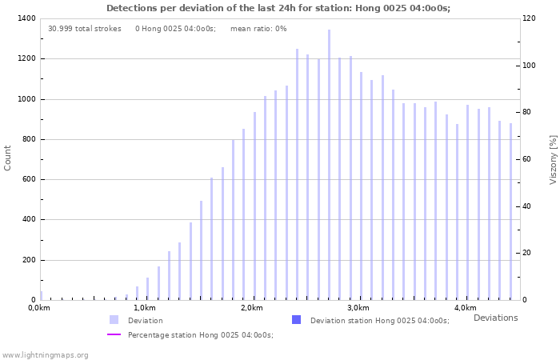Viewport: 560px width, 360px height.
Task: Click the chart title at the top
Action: point(278,8)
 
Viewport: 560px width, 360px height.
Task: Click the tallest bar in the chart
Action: point(329,164)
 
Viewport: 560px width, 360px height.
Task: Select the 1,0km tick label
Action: point(144,308)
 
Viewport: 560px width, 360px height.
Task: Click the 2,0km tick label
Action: point(251,308)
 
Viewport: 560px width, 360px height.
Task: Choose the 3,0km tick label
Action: point(358,308)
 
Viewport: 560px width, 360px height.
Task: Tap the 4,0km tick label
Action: point(465,308)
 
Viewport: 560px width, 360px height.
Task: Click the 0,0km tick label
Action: point(38,308)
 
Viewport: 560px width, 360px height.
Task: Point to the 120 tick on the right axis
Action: point(529,18)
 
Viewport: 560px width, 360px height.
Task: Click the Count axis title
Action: point(8,158)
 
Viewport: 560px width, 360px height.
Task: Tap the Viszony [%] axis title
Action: point(553,159)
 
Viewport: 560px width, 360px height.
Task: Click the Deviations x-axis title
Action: point(495,318)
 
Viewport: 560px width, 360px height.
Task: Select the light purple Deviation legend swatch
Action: point(114,320)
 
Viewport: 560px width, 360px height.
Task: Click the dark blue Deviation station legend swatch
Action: point(296,320)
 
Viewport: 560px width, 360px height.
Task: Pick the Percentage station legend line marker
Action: point(114,334)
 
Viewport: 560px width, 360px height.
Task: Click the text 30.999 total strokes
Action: point(85,29)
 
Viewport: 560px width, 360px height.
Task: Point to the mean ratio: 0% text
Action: point(258,29)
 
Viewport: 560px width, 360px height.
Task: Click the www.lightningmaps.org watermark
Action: point(46,354)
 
